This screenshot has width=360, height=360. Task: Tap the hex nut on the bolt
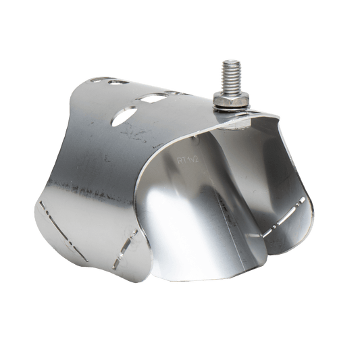tap(232, 101)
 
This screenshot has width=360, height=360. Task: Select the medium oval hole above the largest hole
tap(151, 97)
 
